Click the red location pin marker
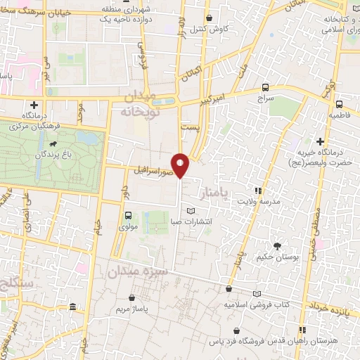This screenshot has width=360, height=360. pyautogui.click(x=181, y=165)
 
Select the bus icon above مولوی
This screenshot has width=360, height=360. pyautogui.click(x=128, y=216)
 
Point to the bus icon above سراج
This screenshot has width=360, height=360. pyautogui.click(x=265, y=87)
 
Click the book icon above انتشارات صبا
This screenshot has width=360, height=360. pyautogui.click(x=190, y=212)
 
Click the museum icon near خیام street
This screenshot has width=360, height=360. pyautogui.click(x=75, y=307)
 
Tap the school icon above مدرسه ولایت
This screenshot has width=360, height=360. pyautogui.click(x=258, y=191)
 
